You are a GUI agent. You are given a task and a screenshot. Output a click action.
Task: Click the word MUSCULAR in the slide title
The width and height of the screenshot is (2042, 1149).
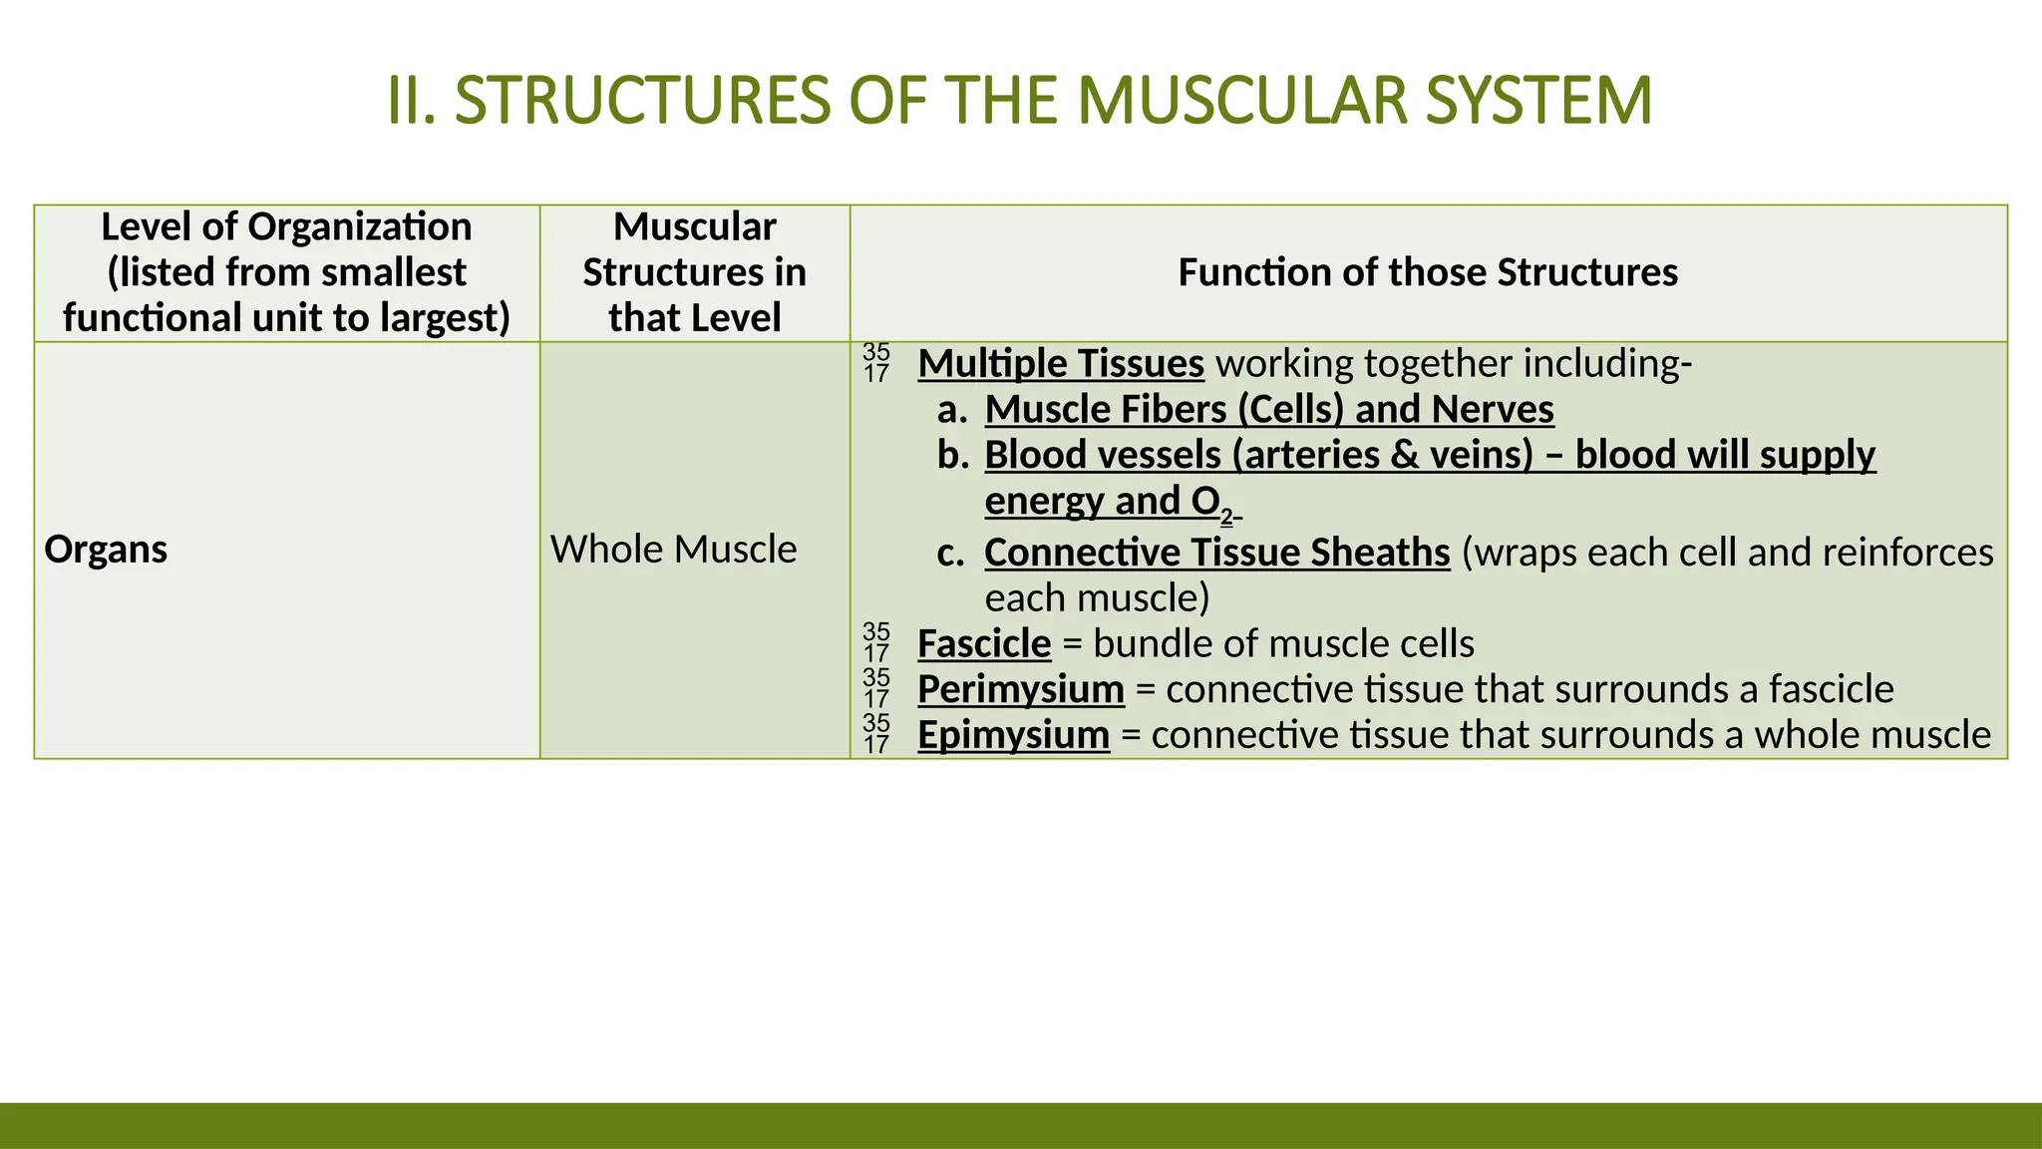(x=1241, y=101)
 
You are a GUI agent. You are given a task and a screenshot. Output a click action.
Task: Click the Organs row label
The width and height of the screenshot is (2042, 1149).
(x=106, y=550)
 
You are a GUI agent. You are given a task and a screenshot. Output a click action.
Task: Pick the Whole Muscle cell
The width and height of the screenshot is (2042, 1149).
(x=673, y=550)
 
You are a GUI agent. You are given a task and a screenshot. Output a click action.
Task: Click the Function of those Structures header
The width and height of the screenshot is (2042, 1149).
(x=1428, y=272)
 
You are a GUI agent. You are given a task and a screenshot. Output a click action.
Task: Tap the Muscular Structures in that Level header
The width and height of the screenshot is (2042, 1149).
(x=694, y=272)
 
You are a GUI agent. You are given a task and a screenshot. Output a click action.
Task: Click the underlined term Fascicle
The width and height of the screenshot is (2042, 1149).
(x=984, y=644)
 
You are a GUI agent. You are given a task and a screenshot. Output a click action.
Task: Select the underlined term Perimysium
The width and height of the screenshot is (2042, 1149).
(x=1021, y=689)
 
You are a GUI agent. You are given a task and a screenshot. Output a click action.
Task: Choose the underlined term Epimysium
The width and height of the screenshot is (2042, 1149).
(x=1013, y=735)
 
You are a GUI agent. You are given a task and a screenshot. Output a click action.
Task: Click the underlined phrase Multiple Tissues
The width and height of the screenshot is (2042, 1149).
(x=1061, y=364)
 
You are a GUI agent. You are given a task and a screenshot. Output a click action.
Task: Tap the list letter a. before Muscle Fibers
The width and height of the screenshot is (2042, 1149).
(x=952, y=410)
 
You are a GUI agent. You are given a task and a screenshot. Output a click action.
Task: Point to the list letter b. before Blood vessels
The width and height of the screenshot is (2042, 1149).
(x=953, y=455)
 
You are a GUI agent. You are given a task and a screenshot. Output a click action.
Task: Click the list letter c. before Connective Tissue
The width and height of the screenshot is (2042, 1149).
(x=951, y=553)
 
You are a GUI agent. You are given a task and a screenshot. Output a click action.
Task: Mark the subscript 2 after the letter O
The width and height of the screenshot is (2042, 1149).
(x=1226, y=516)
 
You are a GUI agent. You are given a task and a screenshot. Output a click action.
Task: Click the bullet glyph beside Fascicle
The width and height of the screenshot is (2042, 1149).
(x=876, y=643)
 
